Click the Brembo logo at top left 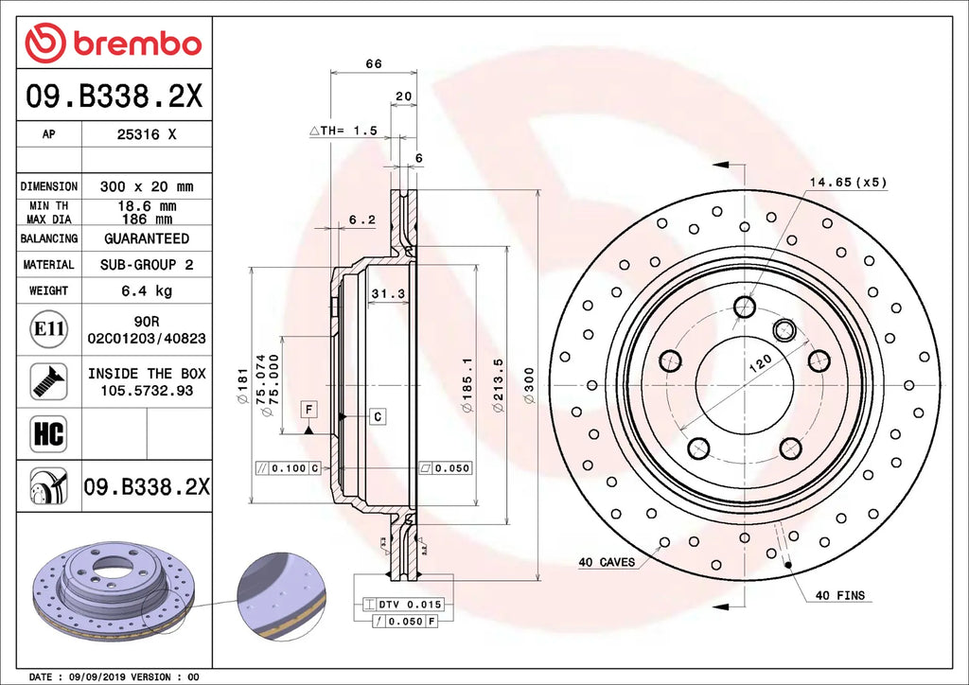113,43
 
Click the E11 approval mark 48,329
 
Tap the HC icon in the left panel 48,433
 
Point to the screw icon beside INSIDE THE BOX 48,380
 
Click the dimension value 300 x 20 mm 146,186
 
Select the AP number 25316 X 146,134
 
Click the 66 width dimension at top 373,64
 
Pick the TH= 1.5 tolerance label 344,131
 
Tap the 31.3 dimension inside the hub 388,294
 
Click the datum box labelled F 308,409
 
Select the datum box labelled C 377,416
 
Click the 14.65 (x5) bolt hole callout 847,182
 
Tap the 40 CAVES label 607,562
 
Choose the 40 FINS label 839,595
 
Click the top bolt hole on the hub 745,307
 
